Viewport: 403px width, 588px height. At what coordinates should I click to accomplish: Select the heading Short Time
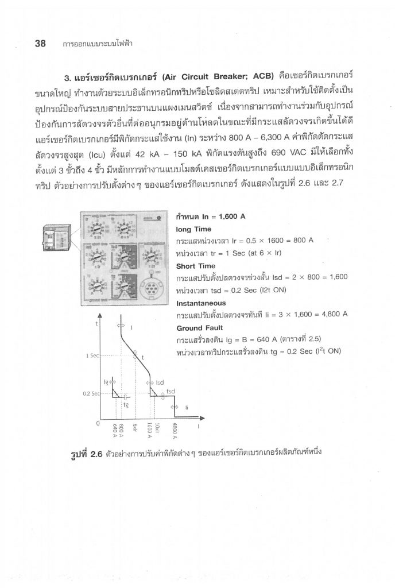pyautogui.click(x=196, y=266)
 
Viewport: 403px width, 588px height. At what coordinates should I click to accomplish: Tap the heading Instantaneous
pyautogui.click(x=201, y=303)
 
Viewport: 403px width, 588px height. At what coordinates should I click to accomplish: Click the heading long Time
pyautogui.click(x=194, y=229)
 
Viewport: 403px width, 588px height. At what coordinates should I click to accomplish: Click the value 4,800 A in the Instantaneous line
pyautogui.click(x=331, y=315)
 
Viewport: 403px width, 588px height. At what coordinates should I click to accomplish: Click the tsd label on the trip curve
pyautogui.click(x=170, y=392)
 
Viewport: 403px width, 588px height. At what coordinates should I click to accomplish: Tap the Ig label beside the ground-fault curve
pyautogui.click(x=106, y=381)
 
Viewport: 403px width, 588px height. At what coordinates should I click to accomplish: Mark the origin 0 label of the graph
pyautogui.click(x=98, y=424)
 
